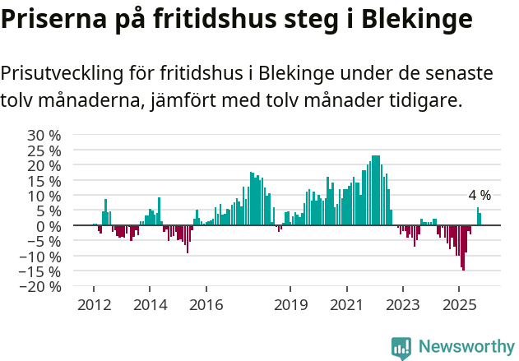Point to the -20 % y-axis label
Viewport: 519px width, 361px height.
(41, 287)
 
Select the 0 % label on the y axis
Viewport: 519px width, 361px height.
(49, 226)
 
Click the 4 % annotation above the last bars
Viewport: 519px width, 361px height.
(480, 196)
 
